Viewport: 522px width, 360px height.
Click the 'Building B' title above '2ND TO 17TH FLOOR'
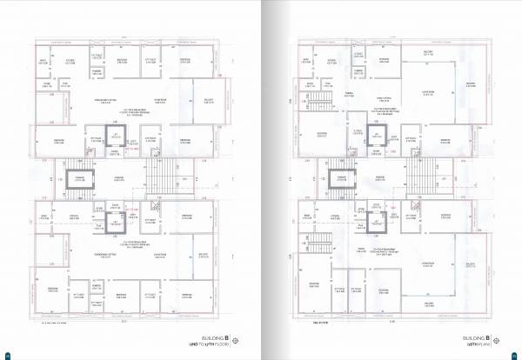click(x=213, y=336)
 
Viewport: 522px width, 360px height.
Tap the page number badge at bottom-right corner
click(x=514, y=354)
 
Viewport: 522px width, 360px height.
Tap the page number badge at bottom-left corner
click(x=7, y=354)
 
